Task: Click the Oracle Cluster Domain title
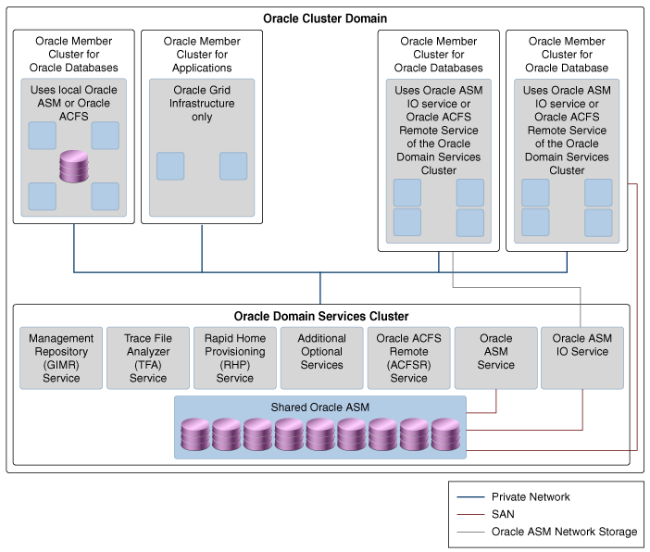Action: pos(325,19)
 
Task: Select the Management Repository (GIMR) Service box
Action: pos(61,358)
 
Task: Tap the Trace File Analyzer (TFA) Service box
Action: pos(148,358)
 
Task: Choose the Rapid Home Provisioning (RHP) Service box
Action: pos(235,358)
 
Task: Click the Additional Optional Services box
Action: pos(322,358)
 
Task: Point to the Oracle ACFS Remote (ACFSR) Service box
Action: pos(408,358)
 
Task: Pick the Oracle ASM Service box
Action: pos(495,358)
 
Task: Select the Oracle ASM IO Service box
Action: pos(582,358)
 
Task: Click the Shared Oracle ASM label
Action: pos(319,408)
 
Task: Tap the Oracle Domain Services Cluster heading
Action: pos(321,317)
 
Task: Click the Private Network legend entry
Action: pos(531,497)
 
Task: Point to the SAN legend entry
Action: pos(503,514)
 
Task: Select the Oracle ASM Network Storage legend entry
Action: pos(564,532)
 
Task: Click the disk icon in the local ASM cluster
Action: pos(74,167)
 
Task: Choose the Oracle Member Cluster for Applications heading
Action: pos(202,55)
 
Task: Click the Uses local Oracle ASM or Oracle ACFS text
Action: pos(75,104)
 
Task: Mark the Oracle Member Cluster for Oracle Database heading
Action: pos(568,55)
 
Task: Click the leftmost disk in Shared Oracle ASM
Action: pos(196,435)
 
